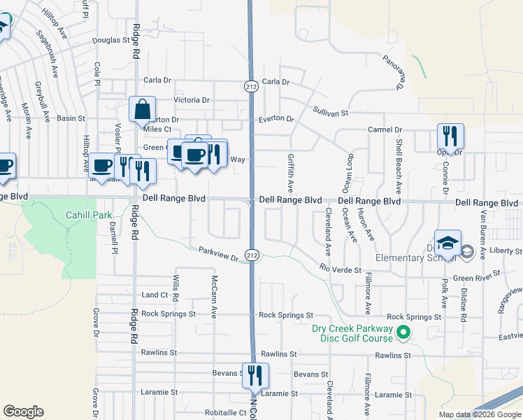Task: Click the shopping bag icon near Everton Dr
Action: [x=142, y=111]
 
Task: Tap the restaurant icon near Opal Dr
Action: [x=449, y=136]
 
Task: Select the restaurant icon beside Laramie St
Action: [x=255, y=375]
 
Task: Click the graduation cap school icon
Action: [x=447, y=244]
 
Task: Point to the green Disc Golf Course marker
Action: [x=403, y=333]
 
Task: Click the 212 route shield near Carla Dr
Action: [x=251, y=85]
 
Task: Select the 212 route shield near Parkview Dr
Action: [x=252, y=253]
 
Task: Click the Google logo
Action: [x=23, y=412]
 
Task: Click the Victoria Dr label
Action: [x=191, y=100]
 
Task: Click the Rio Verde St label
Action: [x=340, y=269]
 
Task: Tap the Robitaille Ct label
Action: [x=226, y=413]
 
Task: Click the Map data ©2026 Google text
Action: [x=480, y=414]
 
